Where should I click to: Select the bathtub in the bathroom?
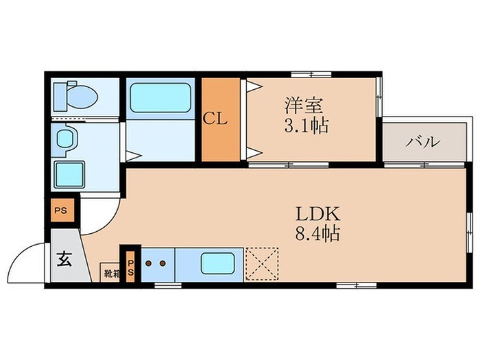point(160,97)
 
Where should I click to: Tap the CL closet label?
point(215,119)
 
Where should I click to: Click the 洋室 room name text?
point(304,106)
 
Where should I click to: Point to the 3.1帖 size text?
point(307,125)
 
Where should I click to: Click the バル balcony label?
point(423,142)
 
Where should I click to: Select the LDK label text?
point(317,214)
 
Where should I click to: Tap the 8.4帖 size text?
point(317,234)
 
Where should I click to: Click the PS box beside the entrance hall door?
point(62,211)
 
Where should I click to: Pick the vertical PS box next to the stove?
point(130,267)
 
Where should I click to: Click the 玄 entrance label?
point(64,259)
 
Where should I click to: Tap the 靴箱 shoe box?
point(110,272)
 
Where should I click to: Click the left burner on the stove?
point(149,263)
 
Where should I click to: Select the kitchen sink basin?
point(217,263)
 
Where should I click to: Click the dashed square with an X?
point(263,264)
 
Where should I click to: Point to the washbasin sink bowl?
point(65,139)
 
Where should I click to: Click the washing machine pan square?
point(69,174)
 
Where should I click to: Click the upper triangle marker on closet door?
point(254,86)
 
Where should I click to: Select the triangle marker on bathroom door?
point(133,156)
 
